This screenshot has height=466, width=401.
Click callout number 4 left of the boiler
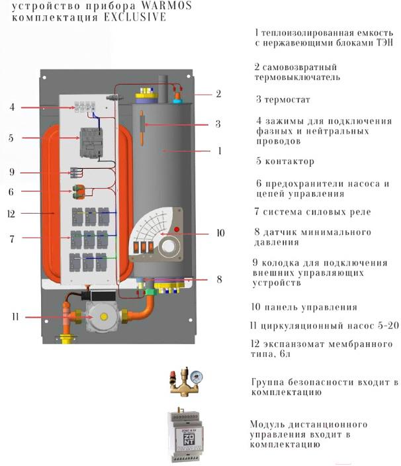13,107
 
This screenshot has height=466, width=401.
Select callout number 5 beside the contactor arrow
11,138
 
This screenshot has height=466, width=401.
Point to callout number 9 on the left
12,172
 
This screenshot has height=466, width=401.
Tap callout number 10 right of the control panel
221,234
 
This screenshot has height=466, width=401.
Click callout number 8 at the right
219,279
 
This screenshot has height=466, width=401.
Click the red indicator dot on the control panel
177,230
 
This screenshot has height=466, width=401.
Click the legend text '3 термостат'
283,100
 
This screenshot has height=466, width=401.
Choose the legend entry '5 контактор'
285,162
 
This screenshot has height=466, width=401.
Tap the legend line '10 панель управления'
304,307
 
